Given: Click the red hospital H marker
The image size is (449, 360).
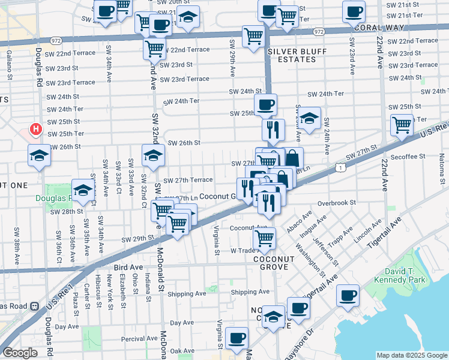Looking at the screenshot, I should tap(36, 129).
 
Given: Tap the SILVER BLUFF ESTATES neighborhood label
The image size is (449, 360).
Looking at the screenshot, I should tap(293, 56).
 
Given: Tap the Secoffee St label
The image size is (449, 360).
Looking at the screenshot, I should tap(407, 156).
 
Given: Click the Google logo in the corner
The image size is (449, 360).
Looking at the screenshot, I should tap(19, 353).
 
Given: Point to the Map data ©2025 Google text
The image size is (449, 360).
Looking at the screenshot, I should tap(411, 355).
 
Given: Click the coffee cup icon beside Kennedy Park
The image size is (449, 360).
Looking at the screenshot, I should tap(348, 296).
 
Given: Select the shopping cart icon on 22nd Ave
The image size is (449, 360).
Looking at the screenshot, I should tap(401, 125).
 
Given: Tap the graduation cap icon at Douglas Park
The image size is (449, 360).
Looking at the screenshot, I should tap(83, 190).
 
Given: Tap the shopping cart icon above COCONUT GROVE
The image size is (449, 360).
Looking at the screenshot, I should tap(264, 238).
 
